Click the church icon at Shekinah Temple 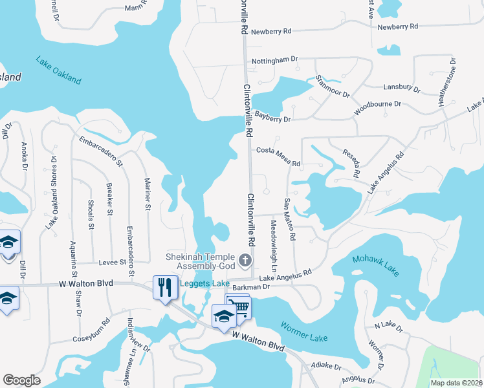point(245,261)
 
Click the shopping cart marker point(239,306)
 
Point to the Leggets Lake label point(204,283)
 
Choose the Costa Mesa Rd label point(279,157)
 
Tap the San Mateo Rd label point(289,220)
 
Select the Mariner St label point(148,194)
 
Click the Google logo point(21,380)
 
